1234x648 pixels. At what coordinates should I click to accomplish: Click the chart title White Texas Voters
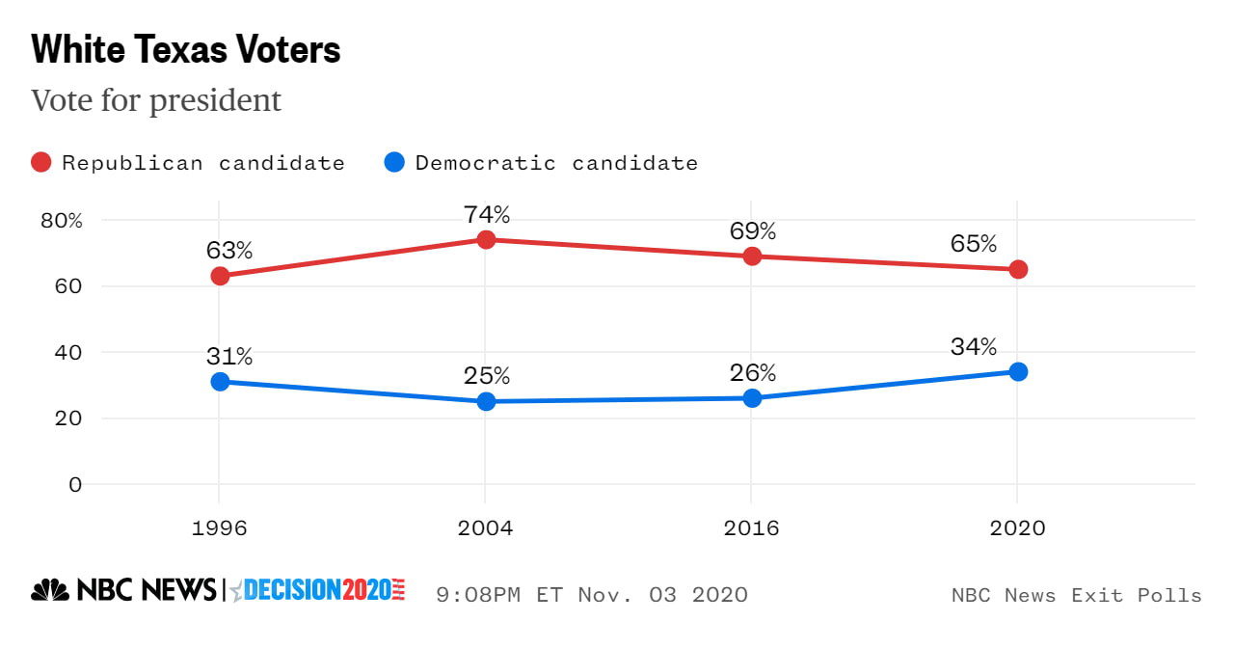186,50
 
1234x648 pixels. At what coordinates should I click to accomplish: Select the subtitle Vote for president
156,100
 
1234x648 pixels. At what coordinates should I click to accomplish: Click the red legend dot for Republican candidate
41,163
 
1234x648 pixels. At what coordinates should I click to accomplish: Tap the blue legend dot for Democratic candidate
394,163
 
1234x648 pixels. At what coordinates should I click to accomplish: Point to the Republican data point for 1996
220,276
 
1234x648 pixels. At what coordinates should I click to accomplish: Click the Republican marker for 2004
486,239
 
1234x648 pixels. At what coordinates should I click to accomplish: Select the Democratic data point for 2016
752,398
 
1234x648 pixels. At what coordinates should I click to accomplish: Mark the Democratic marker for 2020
1018,371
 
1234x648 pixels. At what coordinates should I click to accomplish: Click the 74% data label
486,214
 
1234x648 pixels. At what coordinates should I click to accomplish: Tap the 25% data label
486,376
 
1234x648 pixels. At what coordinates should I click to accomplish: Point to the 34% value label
973,346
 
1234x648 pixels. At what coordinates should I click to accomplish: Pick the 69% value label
752,231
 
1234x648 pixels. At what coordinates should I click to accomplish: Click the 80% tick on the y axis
62,221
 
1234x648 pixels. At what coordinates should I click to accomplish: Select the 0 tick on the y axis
75,484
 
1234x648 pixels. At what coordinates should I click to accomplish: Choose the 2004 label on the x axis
486,528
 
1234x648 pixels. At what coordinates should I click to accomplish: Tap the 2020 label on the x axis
1018,528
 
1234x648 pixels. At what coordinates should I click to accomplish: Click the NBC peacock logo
51,590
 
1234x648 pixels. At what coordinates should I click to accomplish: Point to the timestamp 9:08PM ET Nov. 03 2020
592,594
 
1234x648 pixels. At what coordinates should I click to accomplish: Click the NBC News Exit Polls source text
1076,595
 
